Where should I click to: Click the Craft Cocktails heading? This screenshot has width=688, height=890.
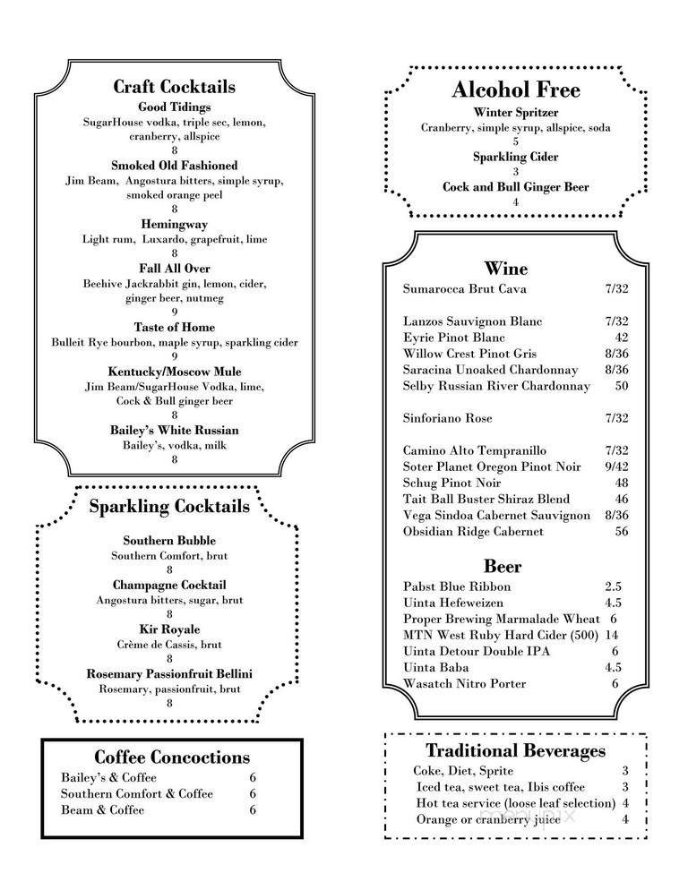[174, 87]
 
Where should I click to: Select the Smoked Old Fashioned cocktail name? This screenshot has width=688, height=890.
[174, 166]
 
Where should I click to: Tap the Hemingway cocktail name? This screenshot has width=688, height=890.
[174, 224]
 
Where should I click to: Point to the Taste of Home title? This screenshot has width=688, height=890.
[174, 327]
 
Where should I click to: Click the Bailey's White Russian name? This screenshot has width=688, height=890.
[174, 430]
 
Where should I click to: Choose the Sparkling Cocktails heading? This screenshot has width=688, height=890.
[169, 507]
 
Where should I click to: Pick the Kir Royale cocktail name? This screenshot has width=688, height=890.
[169, 629]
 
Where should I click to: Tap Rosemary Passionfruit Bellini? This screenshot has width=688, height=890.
[169, 673]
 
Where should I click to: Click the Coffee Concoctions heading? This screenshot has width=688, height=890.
[172, 757]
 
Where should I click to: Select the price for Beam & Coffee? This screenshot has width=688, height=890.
[253, 810]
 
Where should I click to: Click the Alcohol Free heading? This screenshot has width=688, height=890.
[515, 90]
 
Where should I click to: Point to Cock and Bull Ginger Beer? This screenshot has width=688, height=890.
[515, 187]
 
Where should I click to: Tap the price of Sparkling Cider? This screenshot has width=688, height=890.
[515, 172]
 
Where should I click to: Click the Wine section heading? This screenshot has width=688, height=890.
[506, 269]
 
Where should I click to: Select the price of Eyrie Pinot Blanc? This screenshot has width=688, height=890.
[621, 338]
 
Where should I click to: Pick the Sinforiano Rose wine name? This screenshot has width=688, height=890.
[447, 418]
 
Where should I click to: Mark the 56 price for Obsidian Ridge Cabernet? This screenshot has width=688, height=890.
[621, 531]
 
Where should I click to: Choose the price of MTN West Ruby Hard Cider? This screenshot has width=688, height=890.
[614, 635]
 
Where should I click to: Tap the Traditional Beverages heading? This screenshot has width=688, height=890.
[515, 751]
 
